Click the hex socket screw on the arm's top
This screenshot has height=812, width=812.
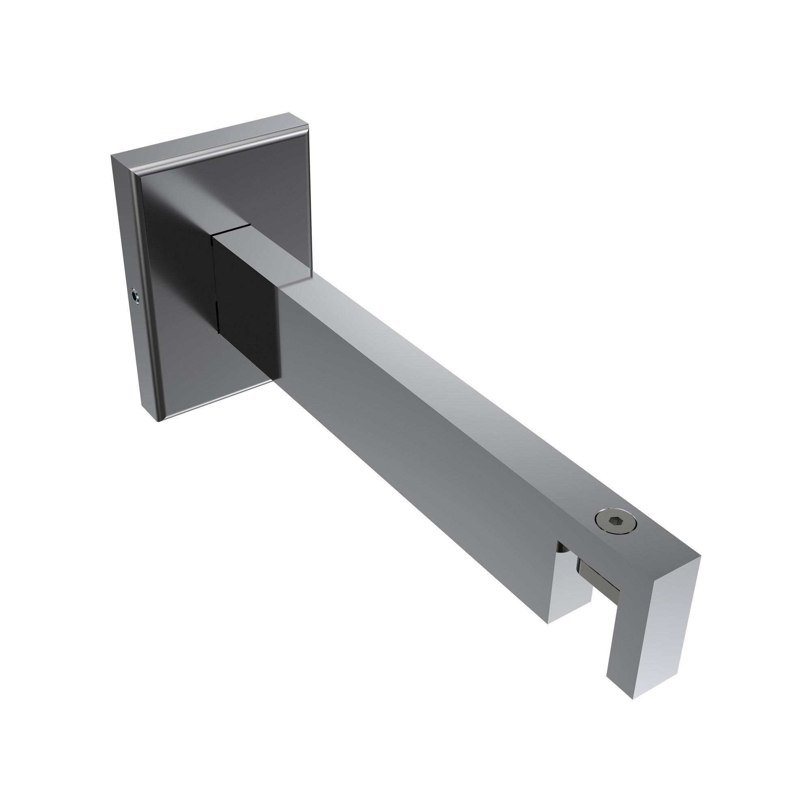(x=616, y=523)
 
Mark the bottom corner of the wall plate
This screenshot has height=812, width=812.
(x=159, y=421)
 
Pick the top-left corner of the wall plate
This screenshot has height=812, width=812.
(x=112, y=156)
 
